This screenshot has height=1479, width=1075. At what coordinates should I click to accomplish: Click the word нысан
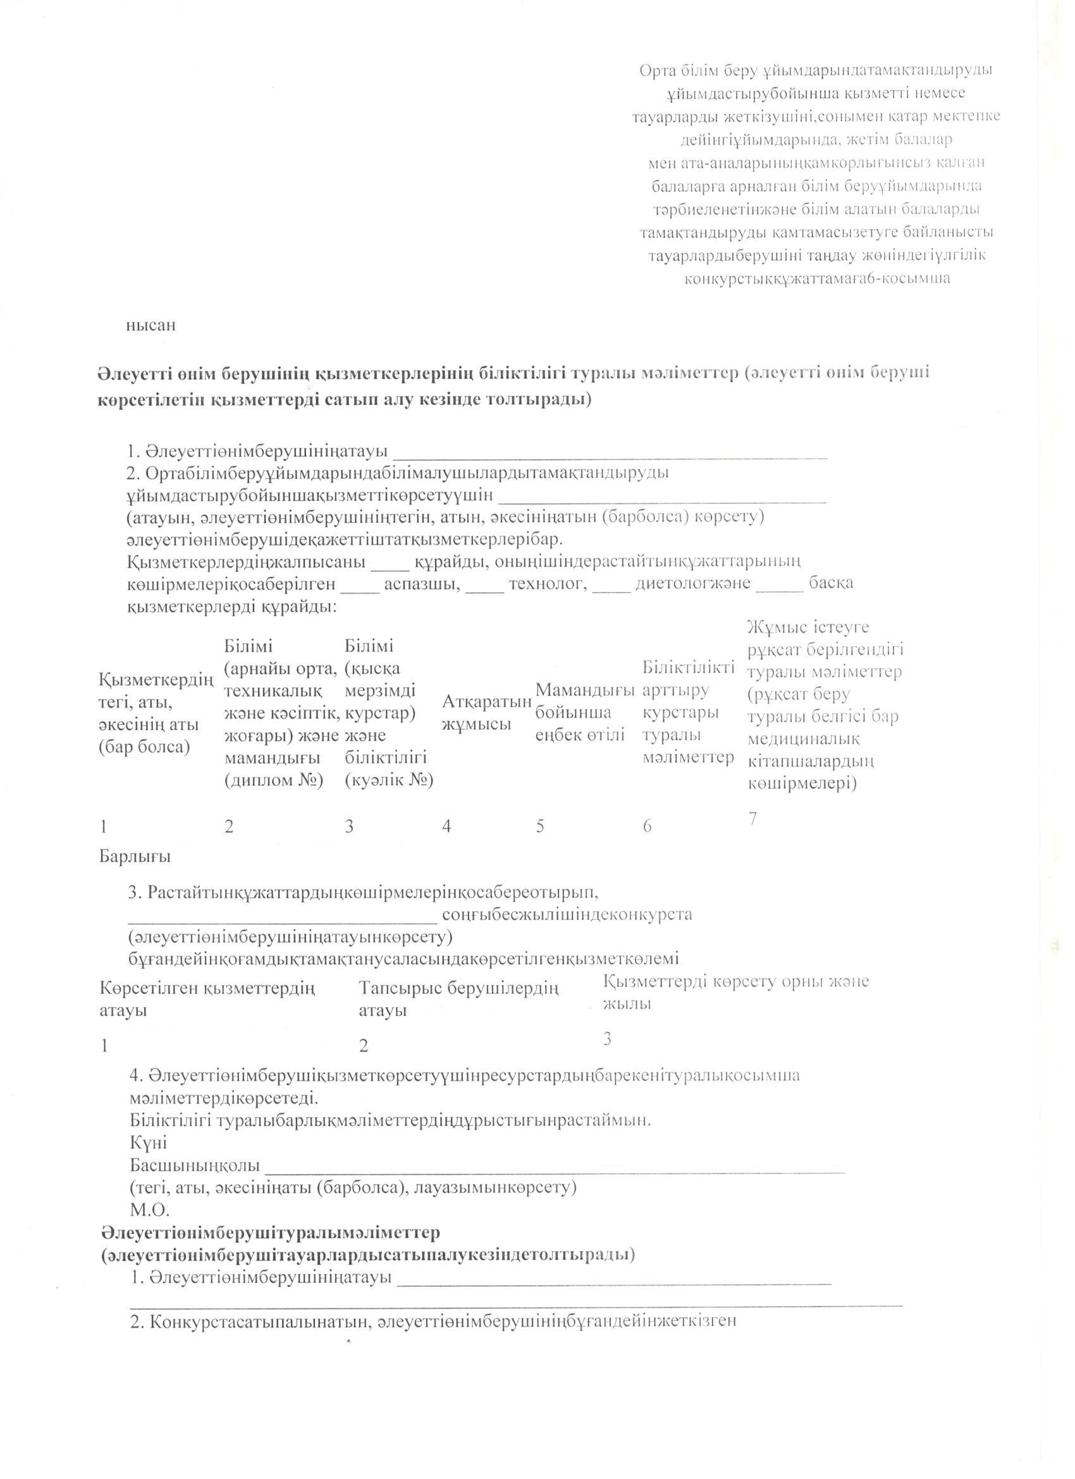[x=150, y=325]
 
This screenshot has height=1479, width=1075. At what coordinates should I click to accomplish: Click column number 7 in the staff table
[x=752, y=818]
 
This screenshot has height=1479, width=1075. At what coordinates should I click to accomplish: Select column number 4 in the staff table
[x=446, y=826]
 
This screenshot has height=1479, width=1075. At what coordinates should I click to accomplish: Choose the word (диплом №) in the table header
[x=274, y=781]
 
